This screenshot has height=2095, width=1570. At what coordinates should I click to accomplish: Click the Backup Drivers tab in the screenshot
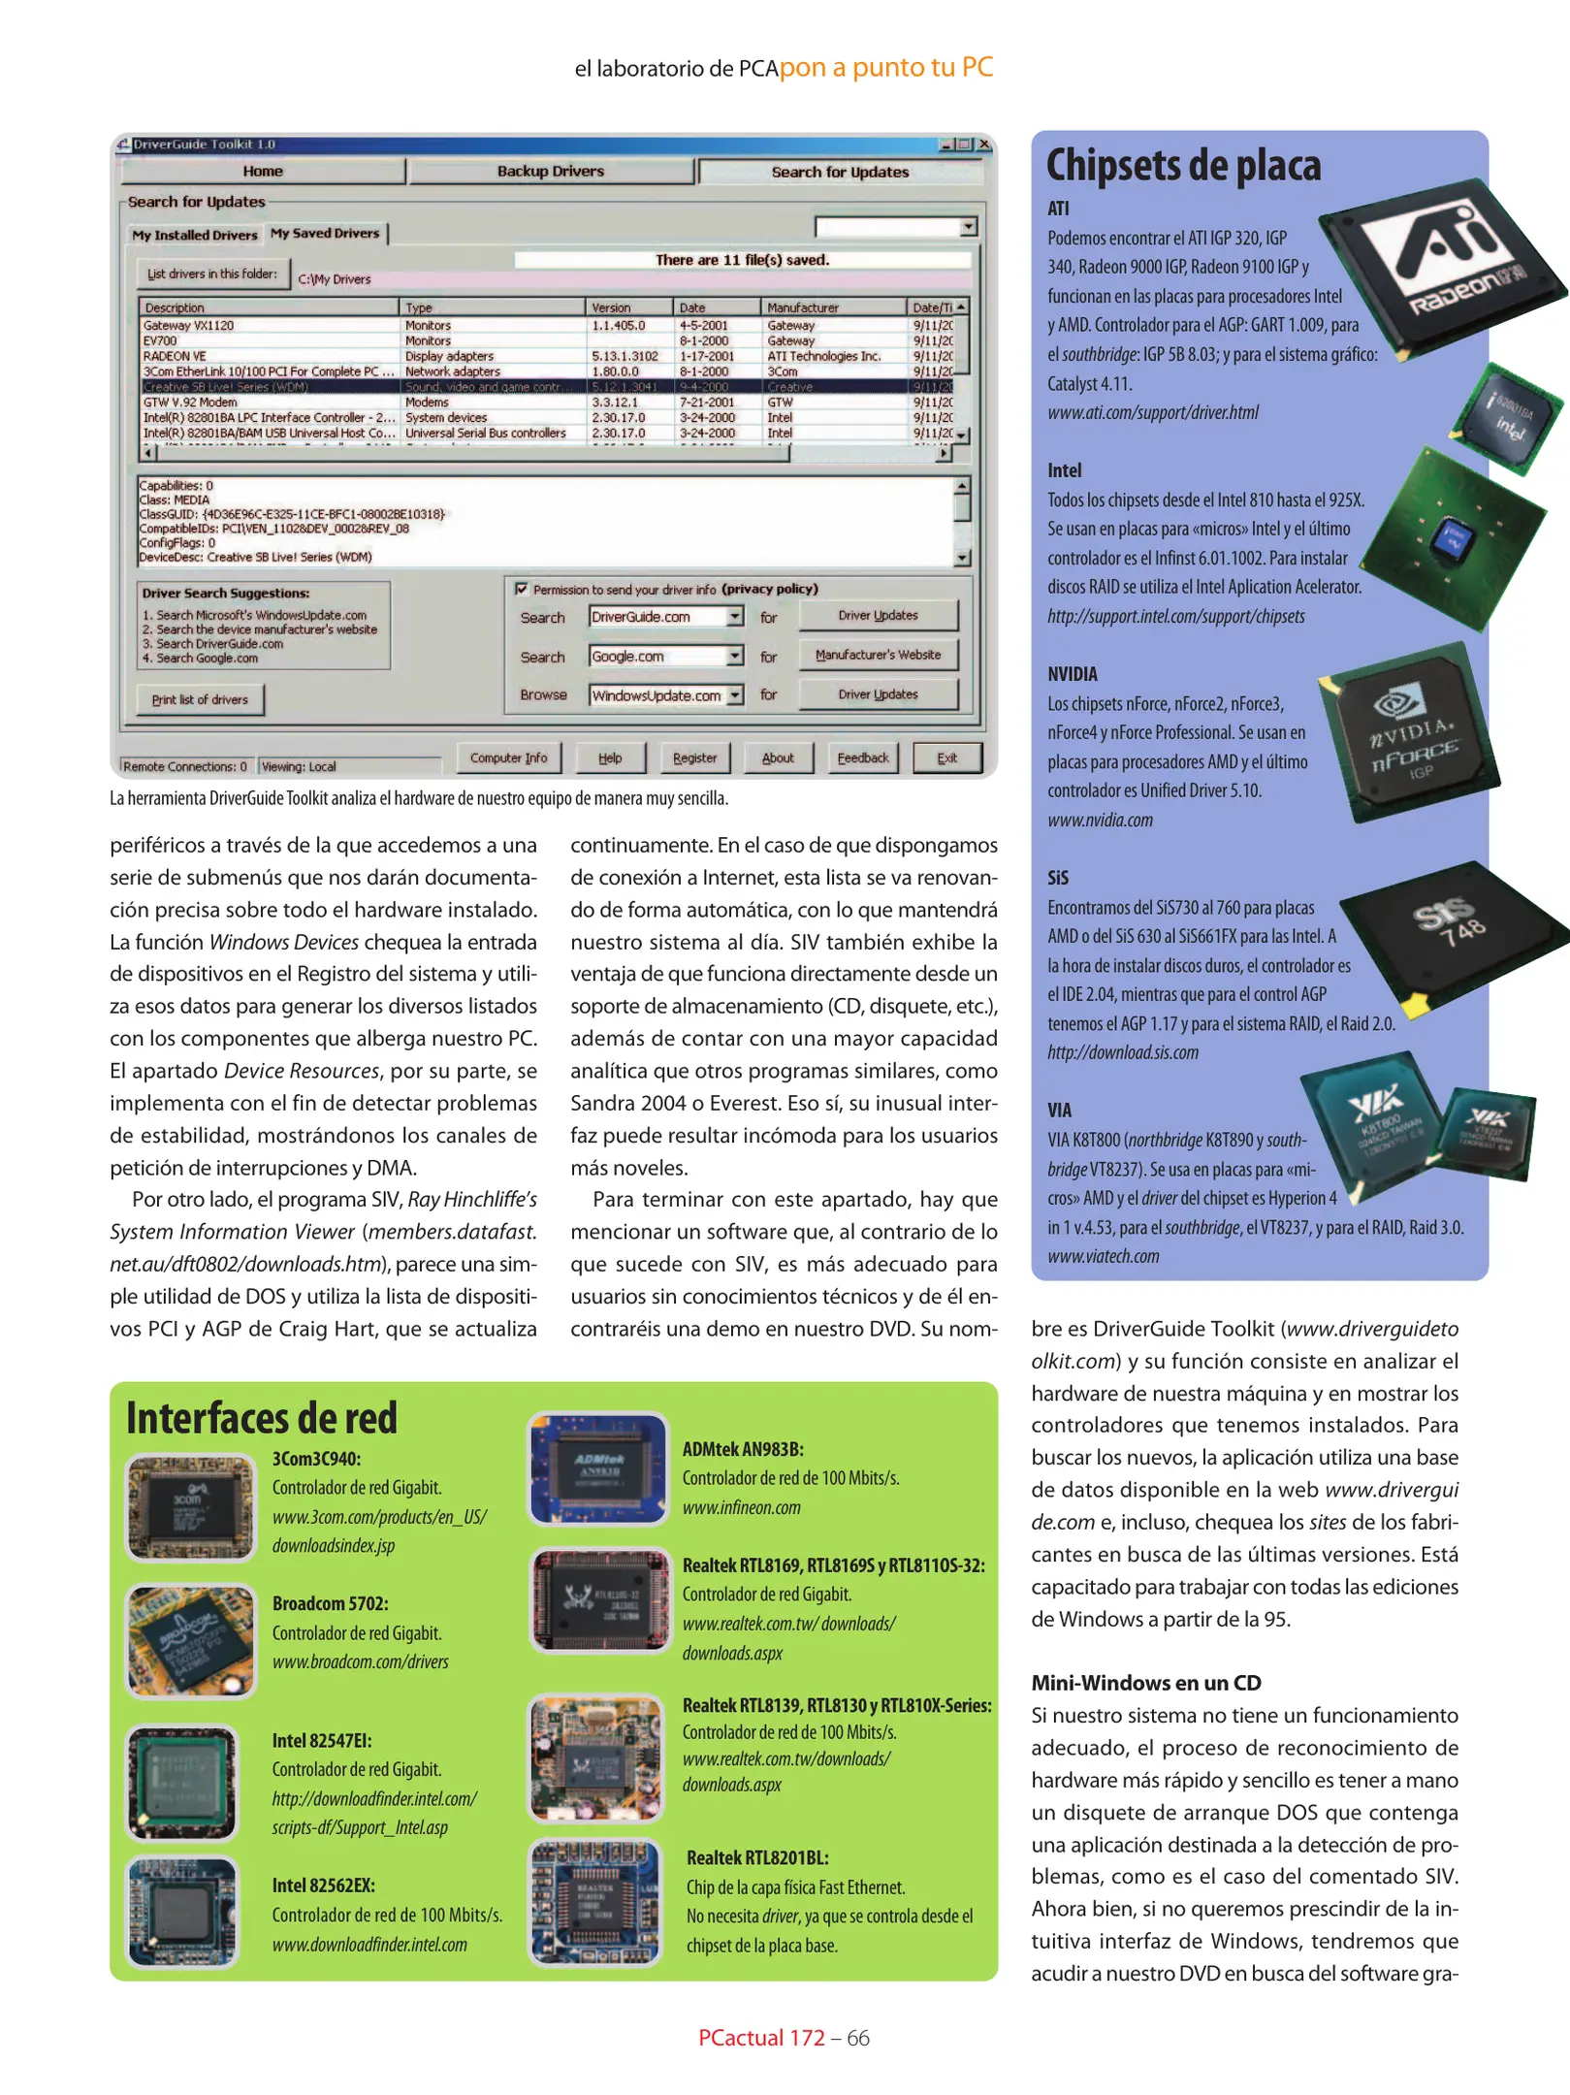(x=550, y=172)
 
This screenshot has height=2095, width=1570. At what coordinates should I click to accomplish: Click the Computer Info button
(x=508, y=757)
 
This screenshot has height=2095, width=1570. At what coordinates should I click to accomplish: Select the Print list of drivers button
(x=200, y=699)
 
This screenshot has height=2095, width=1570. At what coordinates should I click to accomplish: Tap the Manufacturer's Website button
(x=878, y=655)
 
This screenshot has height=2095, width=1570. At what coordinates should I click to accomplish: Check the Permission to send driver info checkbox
(x=522, y=589)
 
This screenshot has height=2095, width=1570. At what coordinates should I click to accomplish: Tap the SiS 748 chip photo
(x=1451, y=936)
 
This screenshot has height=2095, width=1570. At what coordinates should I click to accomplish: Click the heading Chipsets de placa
(x=1183, y=165)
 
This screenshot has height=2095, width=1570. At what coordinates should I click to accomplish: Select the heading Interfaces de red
(x=262, y=1417)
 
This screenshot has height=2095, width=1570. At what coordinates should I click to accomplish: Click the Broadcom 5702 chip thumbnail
(x=191, y=1641)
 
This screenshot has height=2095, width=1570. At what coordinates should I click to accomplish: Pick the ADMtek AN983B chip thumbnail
(x=598, y=1467)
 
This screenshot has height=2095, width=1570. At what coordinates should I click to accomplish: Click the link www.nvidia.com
(x=1100, y=820)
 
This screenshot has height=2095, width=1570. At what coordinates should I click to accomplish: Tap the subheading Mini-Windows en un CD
(x=1145, y=1683)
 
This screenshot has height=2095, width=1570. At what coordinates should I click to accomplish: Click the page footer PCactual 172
(x=760, y=2038)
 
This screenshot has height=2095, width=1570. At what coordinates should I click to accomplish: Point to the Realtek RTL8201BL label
(x=757, y=1857)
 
